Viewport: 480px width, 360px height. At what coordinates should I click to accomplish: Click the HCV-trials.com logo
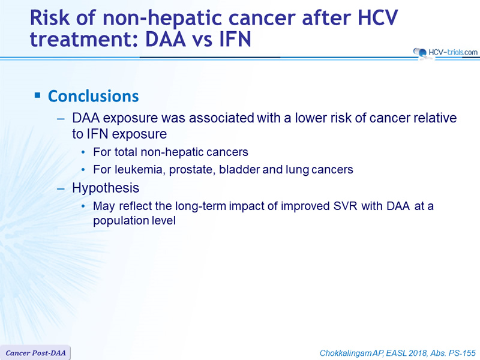(x=445, y=52)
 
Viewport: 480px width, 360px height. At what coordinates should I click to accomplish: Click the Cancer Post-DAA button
(x=35, y=353)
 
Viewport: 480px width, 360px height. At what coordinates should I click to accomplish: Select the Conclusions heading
(x=94, y=96)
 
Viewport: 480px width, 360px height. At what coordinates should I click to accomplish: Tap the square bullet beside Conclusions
(x=37, y=95)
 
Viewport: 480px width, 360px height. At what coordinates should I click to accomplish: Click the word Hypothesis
(x=106, y=188)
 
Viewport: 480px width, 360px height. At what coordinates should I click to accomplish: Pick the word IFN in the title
(x=235, y=39)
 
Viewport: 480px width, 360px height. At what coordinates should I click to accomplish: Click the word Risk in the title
(x=50, y=17)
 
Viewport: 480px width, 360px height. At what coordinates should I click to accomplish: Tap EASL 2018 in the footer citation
(x=406, y=353)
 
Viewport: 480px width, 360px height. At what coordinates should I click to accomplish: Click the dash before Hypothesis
(x=61, y=188)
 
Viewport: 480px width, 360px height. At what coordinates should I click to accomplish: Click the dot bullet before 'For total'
(x=83, y=152)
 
